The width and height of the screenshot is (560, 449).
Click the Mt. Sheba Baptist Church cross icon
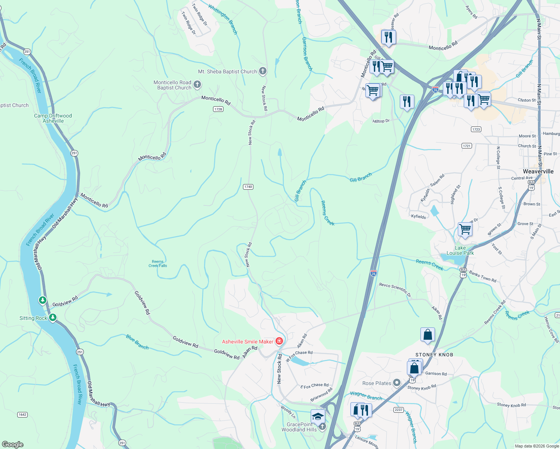[x=263, y=71]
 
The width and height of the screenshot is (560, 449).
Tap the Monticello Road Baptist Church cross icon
[x=197, y=85]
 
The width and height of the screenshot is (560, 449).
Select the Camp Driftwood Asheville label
[x=53, y=118]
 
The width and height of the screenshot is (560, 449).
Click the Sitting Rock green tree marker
[x=53, y=318]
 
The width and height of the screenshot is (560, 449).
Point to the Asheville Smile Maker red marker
[x=279, y=341]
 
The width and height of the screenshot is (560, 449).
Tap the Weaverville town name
[x=538, y=171]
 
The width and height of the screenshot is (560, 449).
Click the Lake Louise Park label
[x=460, y=251]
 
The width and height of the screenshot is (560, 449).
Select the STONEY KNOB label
[x=434, y=355]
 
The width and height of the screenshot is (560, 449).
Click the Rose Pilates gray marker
[x=397, y=383]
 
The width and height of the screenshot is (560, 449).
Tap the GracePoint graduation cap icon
[x=318, y=416]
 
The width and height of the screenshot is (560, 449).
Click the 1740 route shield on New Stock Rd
[x=248, y=187]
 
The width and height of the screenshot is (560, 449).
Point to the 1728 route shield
[x=218, y=109]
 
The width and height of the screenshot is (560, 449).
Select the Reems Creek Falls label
[x=158, y=264]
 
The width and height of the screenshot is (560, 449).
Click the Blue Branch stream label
[x=137, y=342]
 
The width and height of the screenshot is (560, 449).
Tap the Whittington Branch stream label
[x=223, y=19]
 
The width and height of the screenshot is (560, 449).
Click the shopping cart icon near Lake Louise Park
[x=465, y=229]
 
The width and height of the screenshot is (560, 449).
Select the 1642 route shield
[x=22, y=415]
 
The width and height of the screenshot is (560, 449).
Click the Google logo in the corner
[x=13, y=444]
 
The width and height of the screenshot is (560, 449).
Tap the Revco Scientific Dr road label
[x=395, y=290]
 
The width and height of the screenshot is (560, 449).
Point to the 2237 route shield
[x=398, y=410]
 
